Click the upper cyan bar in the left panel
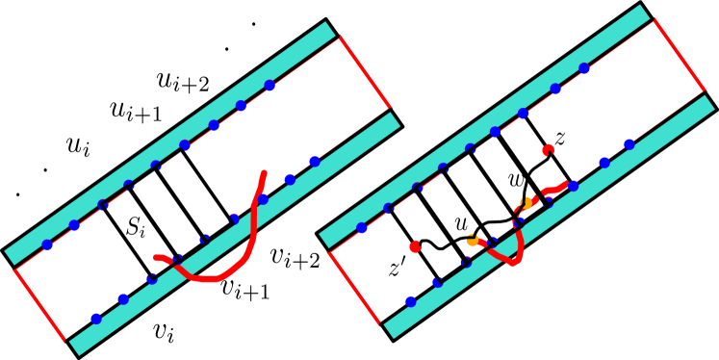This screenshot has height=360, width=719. [x=169, y=142]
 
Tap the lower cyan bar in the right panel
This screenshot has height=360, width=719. [x=549, y=217]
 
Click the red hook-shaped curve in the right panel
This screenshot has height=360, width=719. [x=516, y=254]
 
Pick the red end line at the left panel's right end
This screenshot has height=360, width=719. [x=365, y=71]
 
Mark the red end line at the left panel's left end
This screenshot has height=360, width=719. [x=39, y=304]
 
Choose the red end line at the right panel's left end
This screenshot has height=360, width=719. [x=355, y=288]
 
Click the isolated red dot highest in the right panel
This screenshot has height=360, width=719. [x=548, y=149]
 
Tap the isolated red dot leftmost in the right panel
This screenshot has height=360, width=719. [x=415, y=246]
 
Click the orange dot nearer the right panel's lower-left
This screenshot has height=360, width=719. [x=472, y=239]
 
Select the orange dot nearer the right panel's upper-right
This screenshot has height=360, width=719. [x=526, y=203]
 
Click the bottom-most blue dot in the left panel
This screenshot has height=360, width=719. [x=96, y=318]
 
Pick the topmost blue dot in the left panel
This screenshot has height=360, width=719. [x=270, y=86]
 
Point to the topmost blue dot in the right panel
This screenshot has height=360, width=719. [x=584, y=68]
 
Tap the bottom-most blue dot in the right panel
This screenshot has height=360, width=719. [x=411, y=301]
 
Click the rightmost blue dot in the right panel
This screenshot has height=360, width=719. [x=629, y=144]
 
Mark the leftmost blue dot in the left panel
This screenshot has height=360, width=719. [x=47, y=244]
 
